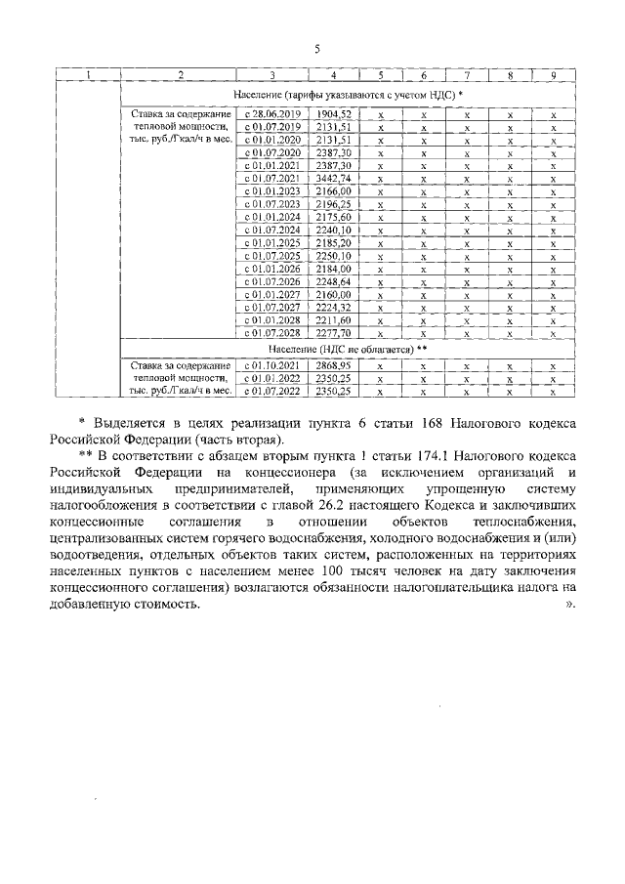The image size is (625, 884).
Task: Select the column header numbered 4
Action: coord(334,76)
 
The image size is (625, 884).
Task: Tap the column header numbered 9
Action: coord(554,76)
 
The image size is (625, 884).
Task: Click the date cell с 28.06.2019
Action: coord(272,114)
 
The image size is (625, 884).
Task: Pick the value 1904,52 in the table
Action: coord(334,114)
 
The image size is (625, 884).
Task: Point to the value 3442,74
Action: coord(334,179)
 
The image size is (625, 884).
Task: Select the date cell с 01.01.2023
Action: coord(272,191)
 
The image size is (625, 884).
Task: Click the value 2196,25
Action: coord(334,204)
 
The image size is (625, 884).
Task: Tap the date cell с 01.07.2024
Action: coord(272,230)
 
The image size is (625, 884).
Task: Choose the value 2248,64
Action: coord(334,280)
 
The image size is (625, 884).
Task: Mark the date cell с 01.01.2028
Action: coord(272,318)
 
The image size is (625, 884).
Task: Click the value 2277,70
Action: coord(334,332)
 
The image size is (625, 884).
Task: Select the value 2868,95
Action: coord(334,365)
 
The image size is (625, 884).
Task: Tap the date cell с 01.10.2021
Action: coord(272,365)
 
